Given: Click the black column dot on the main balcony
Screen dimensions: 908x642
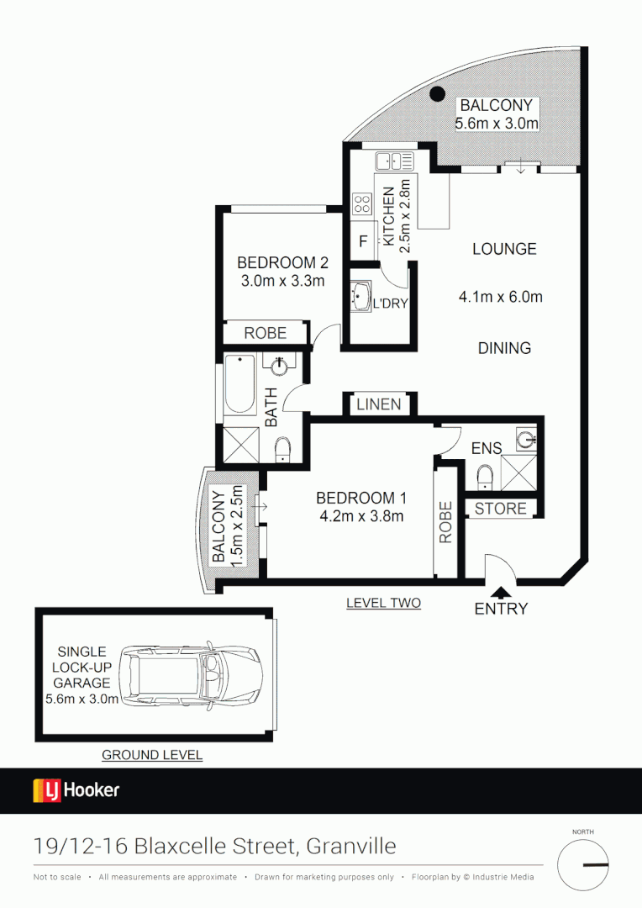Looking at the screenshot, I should coord(437,95).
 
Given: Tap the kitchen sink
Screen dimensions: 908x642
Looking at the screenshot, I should coord(392,160).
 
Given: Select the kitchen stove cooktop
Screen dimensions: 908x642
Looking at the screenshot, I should coord(363,203).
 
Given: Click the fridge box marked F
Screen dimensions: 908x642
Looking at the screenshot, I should coord(363,241).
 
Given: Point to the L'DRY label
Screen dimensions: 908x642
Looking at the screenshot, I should coord(389,303).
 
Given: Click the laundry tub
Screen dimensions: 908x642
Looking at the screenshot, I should coord(361,296).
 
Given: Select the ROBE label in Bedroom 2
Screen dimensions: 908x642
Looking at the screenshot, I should coord(265,333).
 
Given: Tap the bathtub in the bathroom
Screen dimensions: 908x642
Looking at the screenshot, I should coord(239,388).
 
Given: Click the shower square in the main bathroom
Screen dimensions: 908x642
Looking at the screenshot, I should coord(239,442).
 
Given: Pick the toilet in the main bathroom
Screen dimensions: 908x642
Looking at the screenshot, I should coord(282,449).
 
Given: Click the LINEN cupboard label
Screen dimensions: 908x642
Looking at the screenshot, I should coord(379,404).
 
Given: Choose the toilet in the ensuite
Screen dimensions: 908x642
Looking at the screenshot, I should coord(484,477).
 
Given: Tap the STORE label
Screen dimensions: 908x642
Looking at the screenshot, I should coord(501,509).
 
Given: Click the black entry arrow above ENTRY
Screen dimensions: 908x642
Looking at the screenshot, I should coord(501,593).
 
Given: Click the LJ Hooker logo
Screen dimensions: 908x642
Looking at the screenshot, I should coord(76,790).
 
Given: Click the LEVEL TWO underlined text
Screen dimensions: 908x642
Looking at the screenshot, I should coord(383,603).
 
